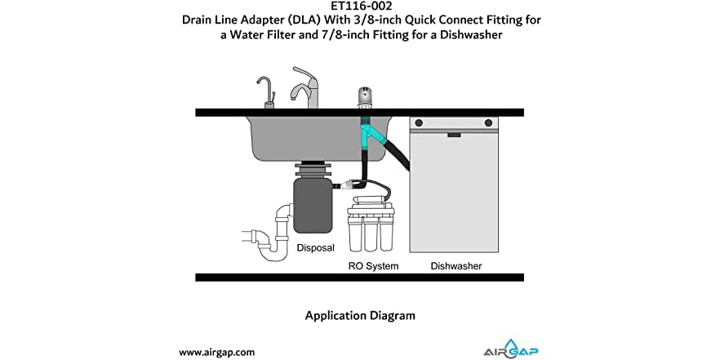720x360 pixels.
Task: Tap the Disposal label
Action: [x=315, y=247]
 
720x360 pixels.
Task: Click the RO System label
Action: [x=373, y=266]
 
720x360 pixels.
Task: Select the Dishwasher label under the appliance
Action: [x=456, y=266]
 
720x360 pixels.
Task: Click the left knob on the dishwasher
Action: [x=421, y=123]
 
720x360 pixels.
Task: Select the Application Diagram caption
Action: [x=359, y=315]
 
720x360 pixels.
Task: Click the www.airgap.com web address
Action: [x=217, y=352]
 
